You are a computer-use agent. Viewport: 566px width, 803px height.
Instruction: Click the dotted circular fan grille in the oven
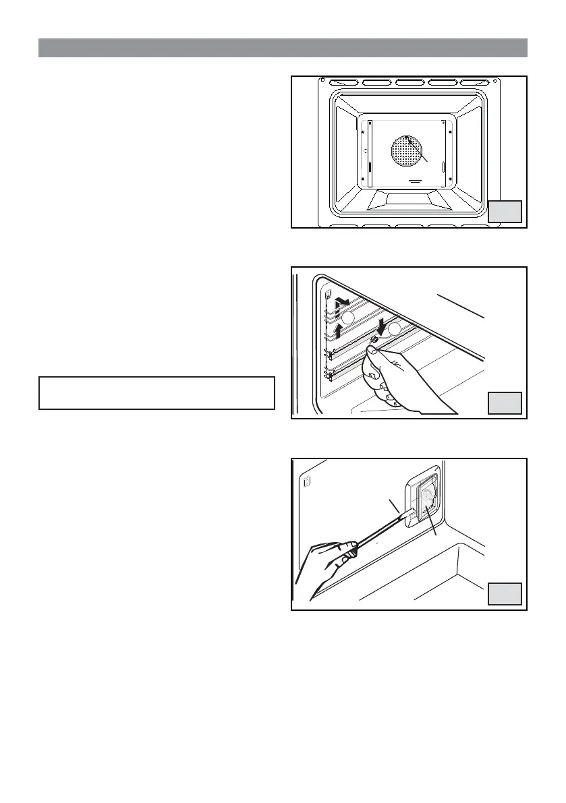[409, 152]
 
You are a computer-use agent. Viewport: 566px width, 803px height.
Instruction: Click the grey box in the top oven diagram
[505, 211]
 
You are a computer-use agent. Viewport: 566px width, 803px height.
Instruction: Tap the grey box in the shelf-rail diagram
[505, 403]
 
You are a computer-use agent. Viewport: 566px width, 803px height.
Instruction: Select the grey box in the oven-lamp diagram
[505, 594]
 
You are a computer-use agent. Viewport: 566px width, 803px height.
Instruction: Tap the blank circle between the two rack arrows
[347, 318]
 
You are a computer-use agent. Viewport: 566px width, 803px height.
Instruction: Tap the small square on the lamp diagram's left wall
[308, 482]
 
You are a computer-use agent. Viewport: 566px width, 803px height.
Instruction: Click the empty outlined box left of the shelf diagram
[157, 392]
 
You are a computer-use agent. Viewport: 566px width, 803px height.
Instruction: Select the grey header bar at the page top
[283, 48]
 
